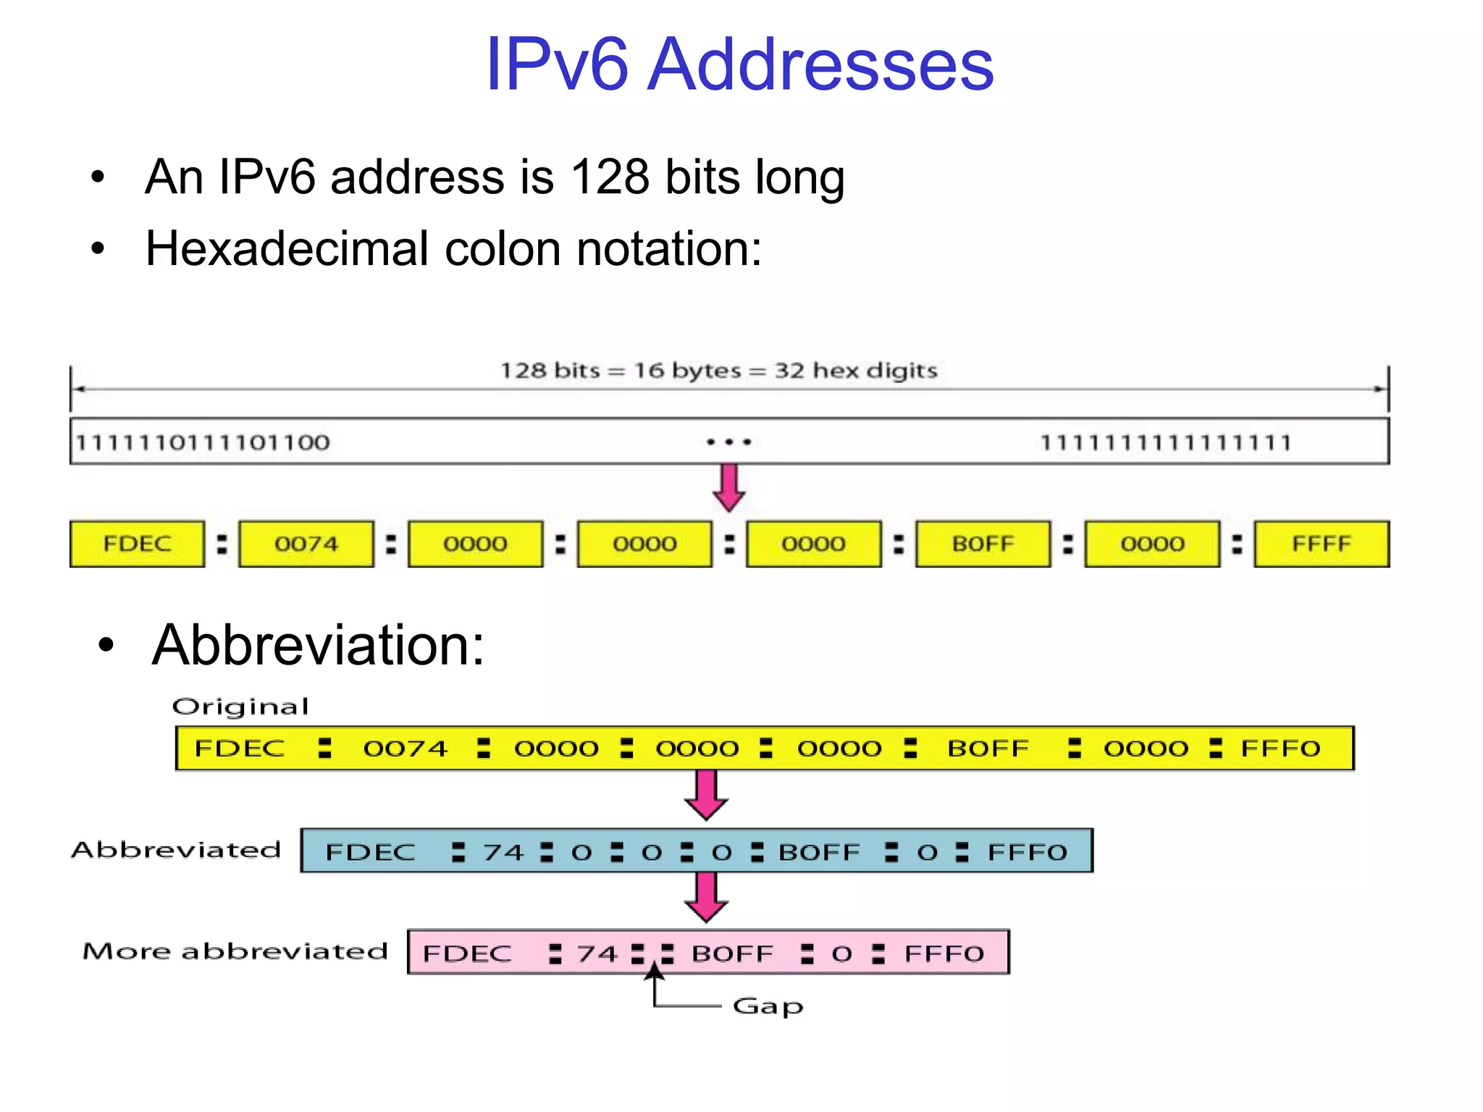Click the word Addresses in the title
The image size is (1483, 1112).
820,65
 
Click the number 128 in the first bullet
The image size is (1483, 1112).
610,177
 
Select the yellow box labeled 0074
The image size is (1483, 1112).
306,544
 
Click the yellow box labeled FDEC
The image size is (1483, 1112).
137,544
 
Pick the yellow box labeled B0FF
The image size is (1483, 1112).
983,544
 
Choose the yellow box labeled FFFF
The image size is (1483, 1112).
1322,544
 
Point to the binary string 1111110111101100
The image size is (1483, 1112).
203,442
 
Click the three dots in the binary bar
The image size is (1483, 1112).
729,442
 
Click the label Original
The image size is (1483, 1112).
240,706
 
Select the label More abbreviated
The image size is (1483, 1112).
235,951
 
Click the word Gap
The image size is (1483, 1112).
768,1006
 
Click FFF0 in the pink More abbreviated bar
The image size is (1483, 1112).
944,953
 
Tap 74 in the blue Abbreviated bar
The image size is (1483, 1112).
503,852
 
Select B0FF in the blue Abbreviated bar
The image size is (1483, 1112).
819,852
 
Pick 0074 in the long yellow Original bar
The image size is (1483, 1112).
406,749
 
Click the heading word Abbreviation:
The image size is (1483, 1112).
319,644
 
